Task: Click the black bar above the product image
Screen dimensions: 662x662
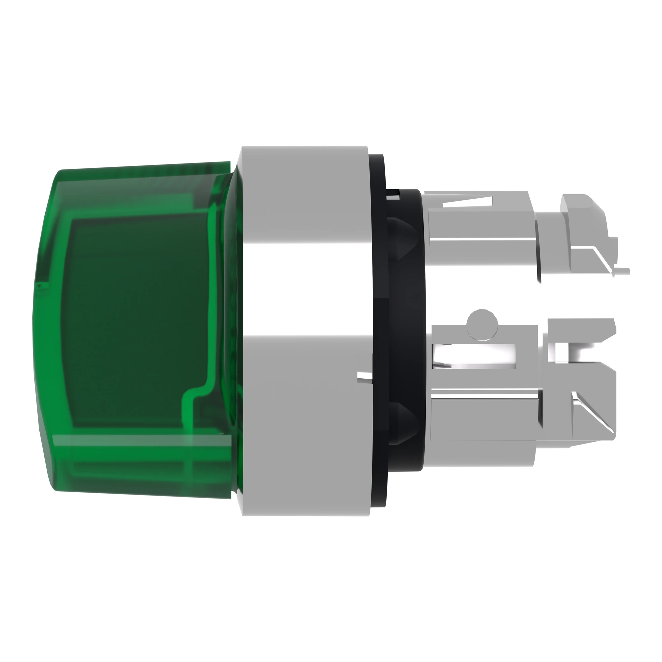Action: [331, 62]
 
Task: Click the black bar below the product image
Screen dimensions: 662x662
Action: [331, 600]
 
